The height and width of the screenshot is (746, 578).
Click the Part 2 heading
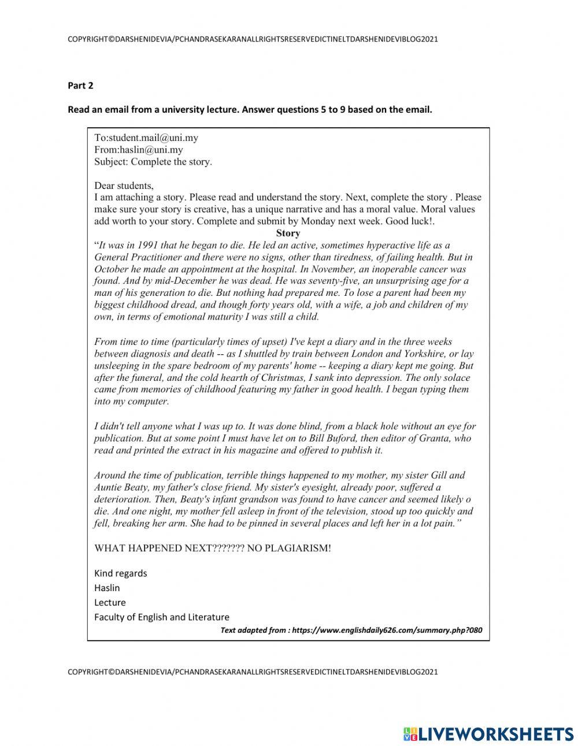coord(80,86)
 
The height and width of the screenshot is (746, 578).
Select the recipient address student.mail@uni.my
coord(153,138)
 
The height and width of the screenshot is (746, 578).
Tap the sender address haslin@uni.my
coord(151,150)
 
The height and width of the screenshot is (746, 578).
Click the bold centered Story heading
coord(288,233)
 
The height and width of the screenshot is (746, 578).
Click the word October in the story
coord(110,269)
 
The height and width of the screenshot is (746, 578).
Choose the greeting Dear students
coord(124,185)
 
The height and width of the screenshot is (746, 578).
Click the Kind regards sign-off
coord(120,573)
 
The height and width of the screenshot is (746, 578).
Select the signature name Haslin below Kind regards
coord(107,588)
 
